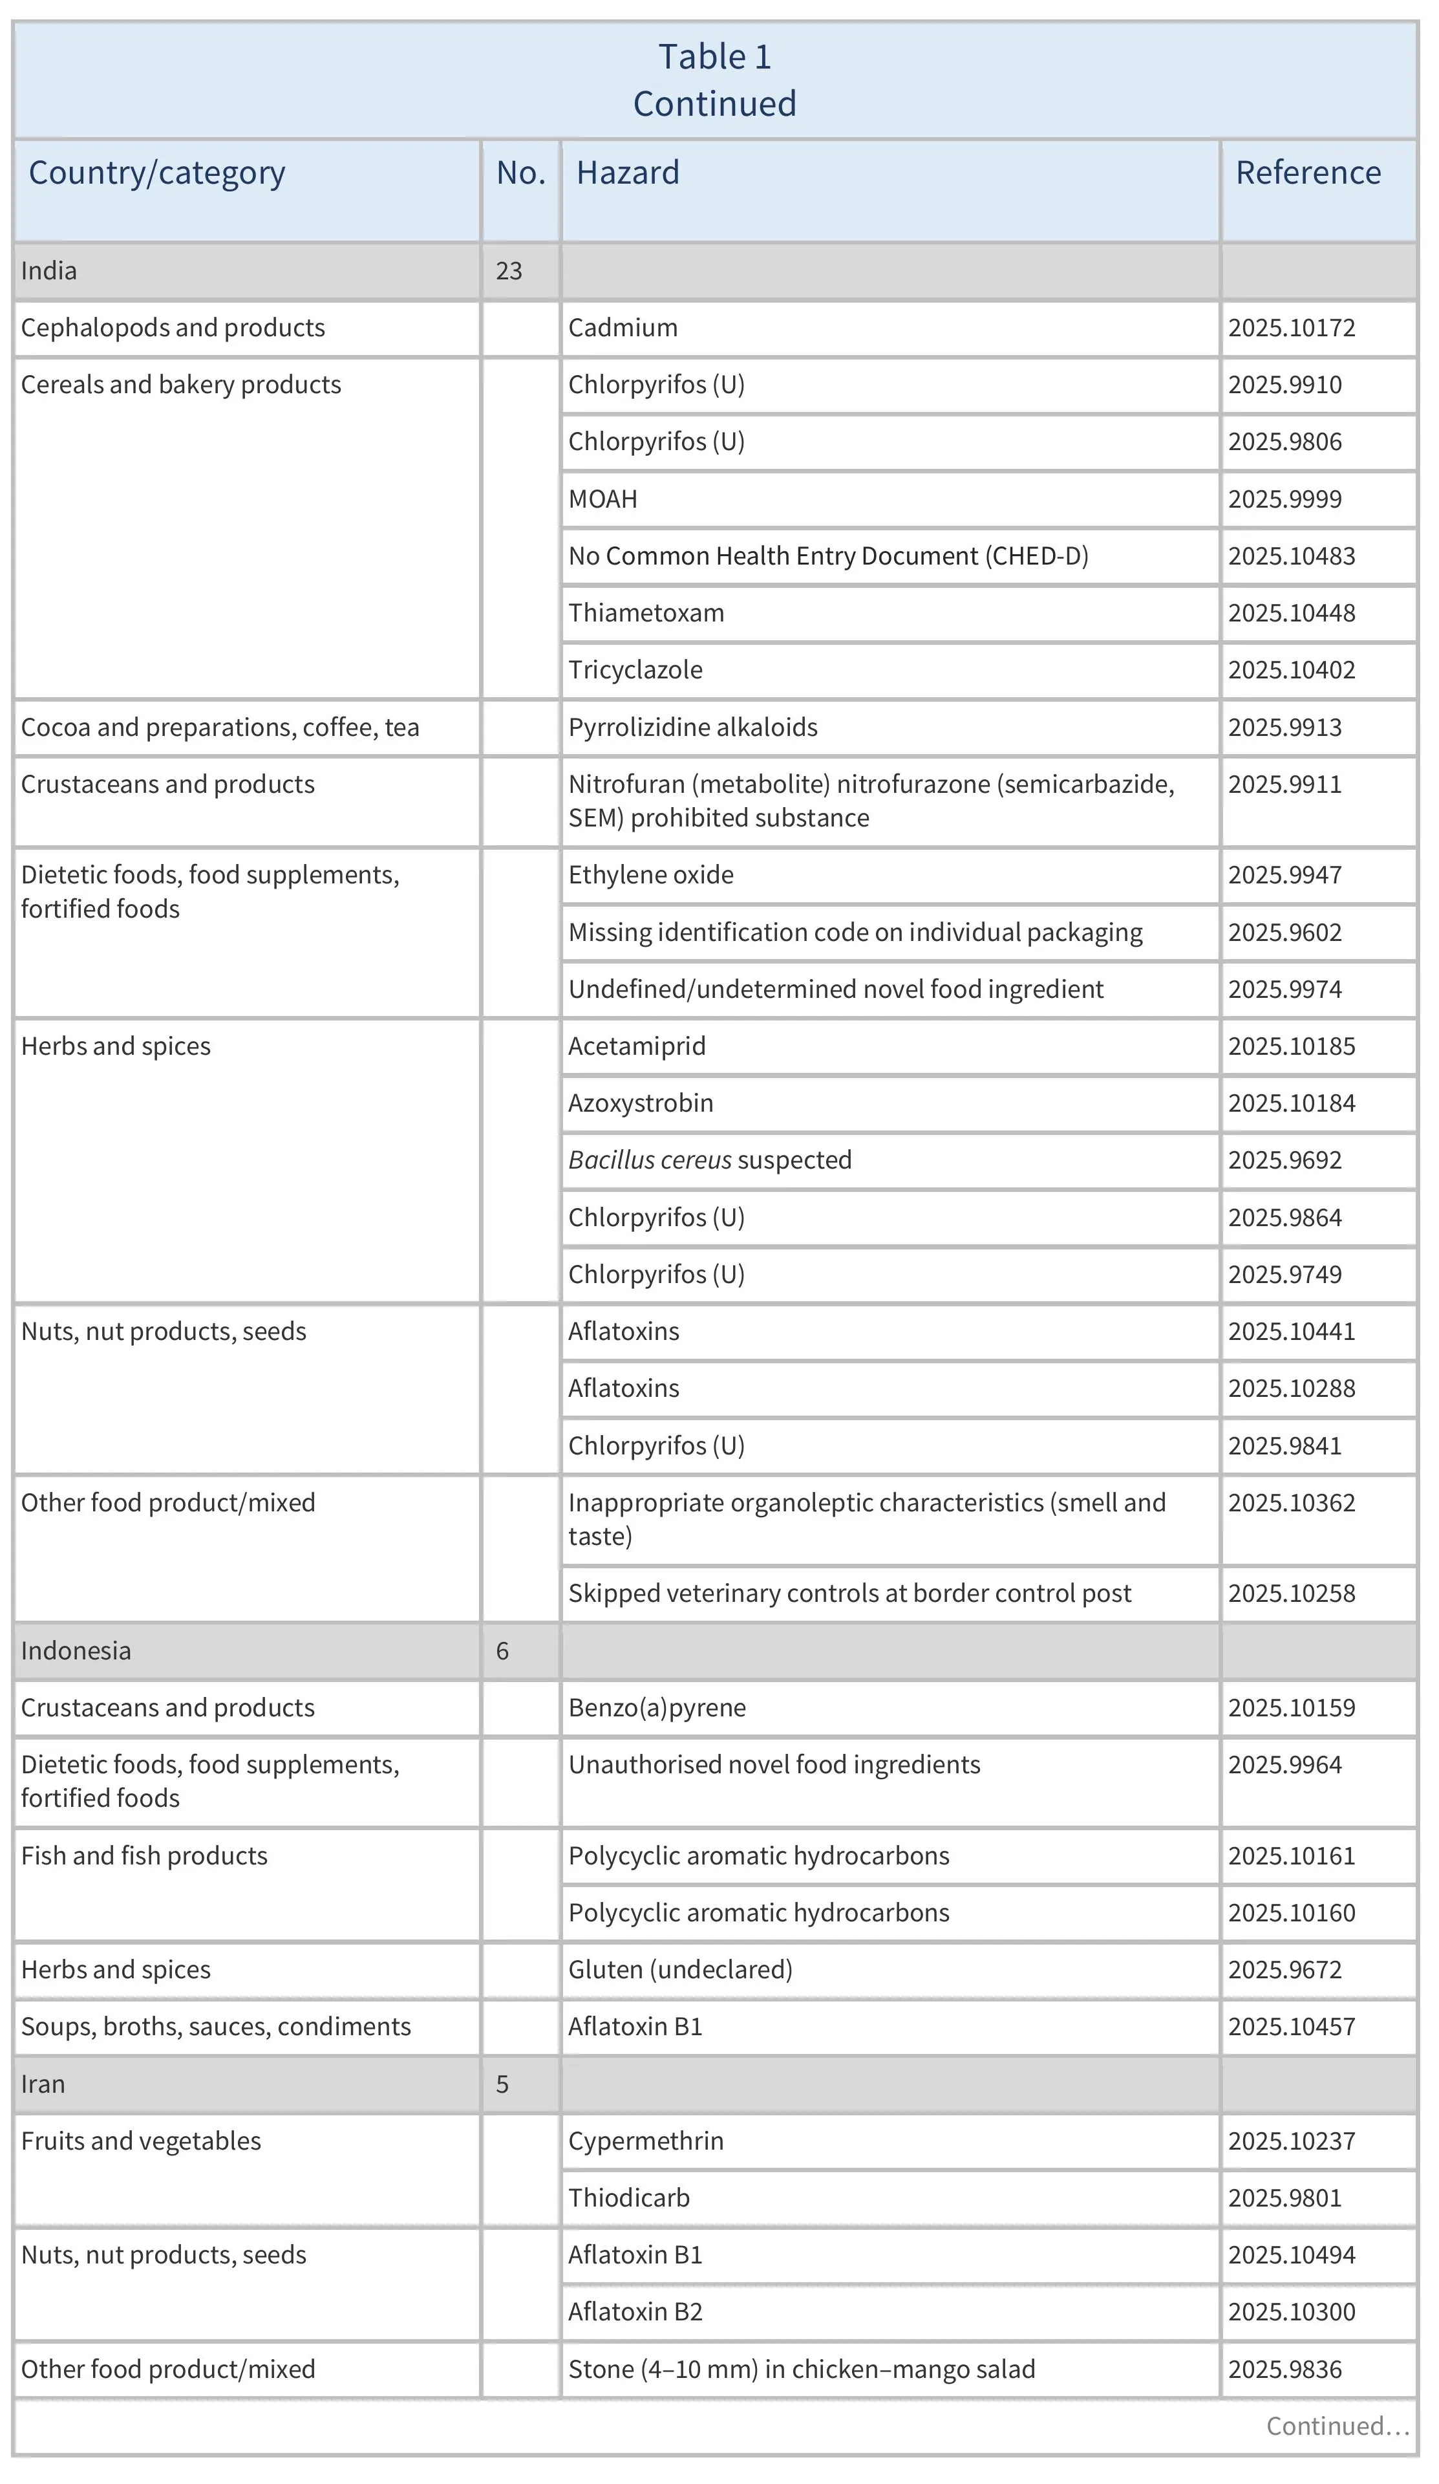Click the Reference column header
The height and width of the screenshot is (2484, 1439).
[1307, 173]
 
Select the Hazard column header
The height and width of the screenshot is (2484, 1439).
[628, 173]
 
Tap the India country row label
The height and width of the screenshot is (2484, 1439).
[48, 270]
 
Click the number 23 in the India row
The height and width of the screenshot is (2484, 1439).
[509, 270]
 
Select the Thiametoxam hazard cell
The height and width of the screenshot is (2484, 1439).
[646, 613]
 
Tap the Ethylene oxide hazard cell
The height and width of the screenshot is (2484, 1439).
[650, 875]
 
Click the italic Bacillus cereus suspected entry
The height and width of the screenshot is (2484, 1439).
[710, 1160]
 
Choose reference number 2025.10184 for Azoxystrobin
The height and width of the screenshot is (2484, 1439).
[1291, 1103]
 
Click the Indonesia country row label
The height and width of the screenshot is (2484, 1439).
[76, 1651]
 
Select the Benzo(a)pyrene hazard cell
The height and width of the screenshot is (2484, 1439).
[656, 1708]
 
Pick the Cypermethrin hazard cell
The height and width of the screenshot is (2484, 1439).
[646, 2141]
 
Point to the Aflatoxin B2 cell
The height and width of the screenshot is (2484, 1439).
[635, 2313]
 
